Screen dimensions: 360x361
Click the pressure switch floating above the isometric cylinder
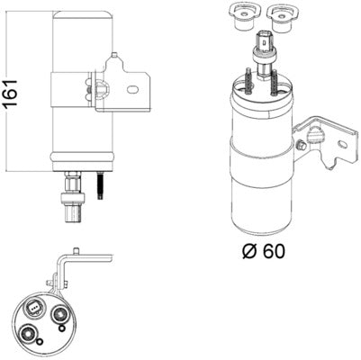tap(264, 47)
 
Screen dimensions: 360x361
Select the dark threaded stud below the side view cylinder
tap(100, 190)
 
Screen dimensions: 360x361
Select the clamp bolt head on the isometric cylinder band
tap(317, 135)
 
